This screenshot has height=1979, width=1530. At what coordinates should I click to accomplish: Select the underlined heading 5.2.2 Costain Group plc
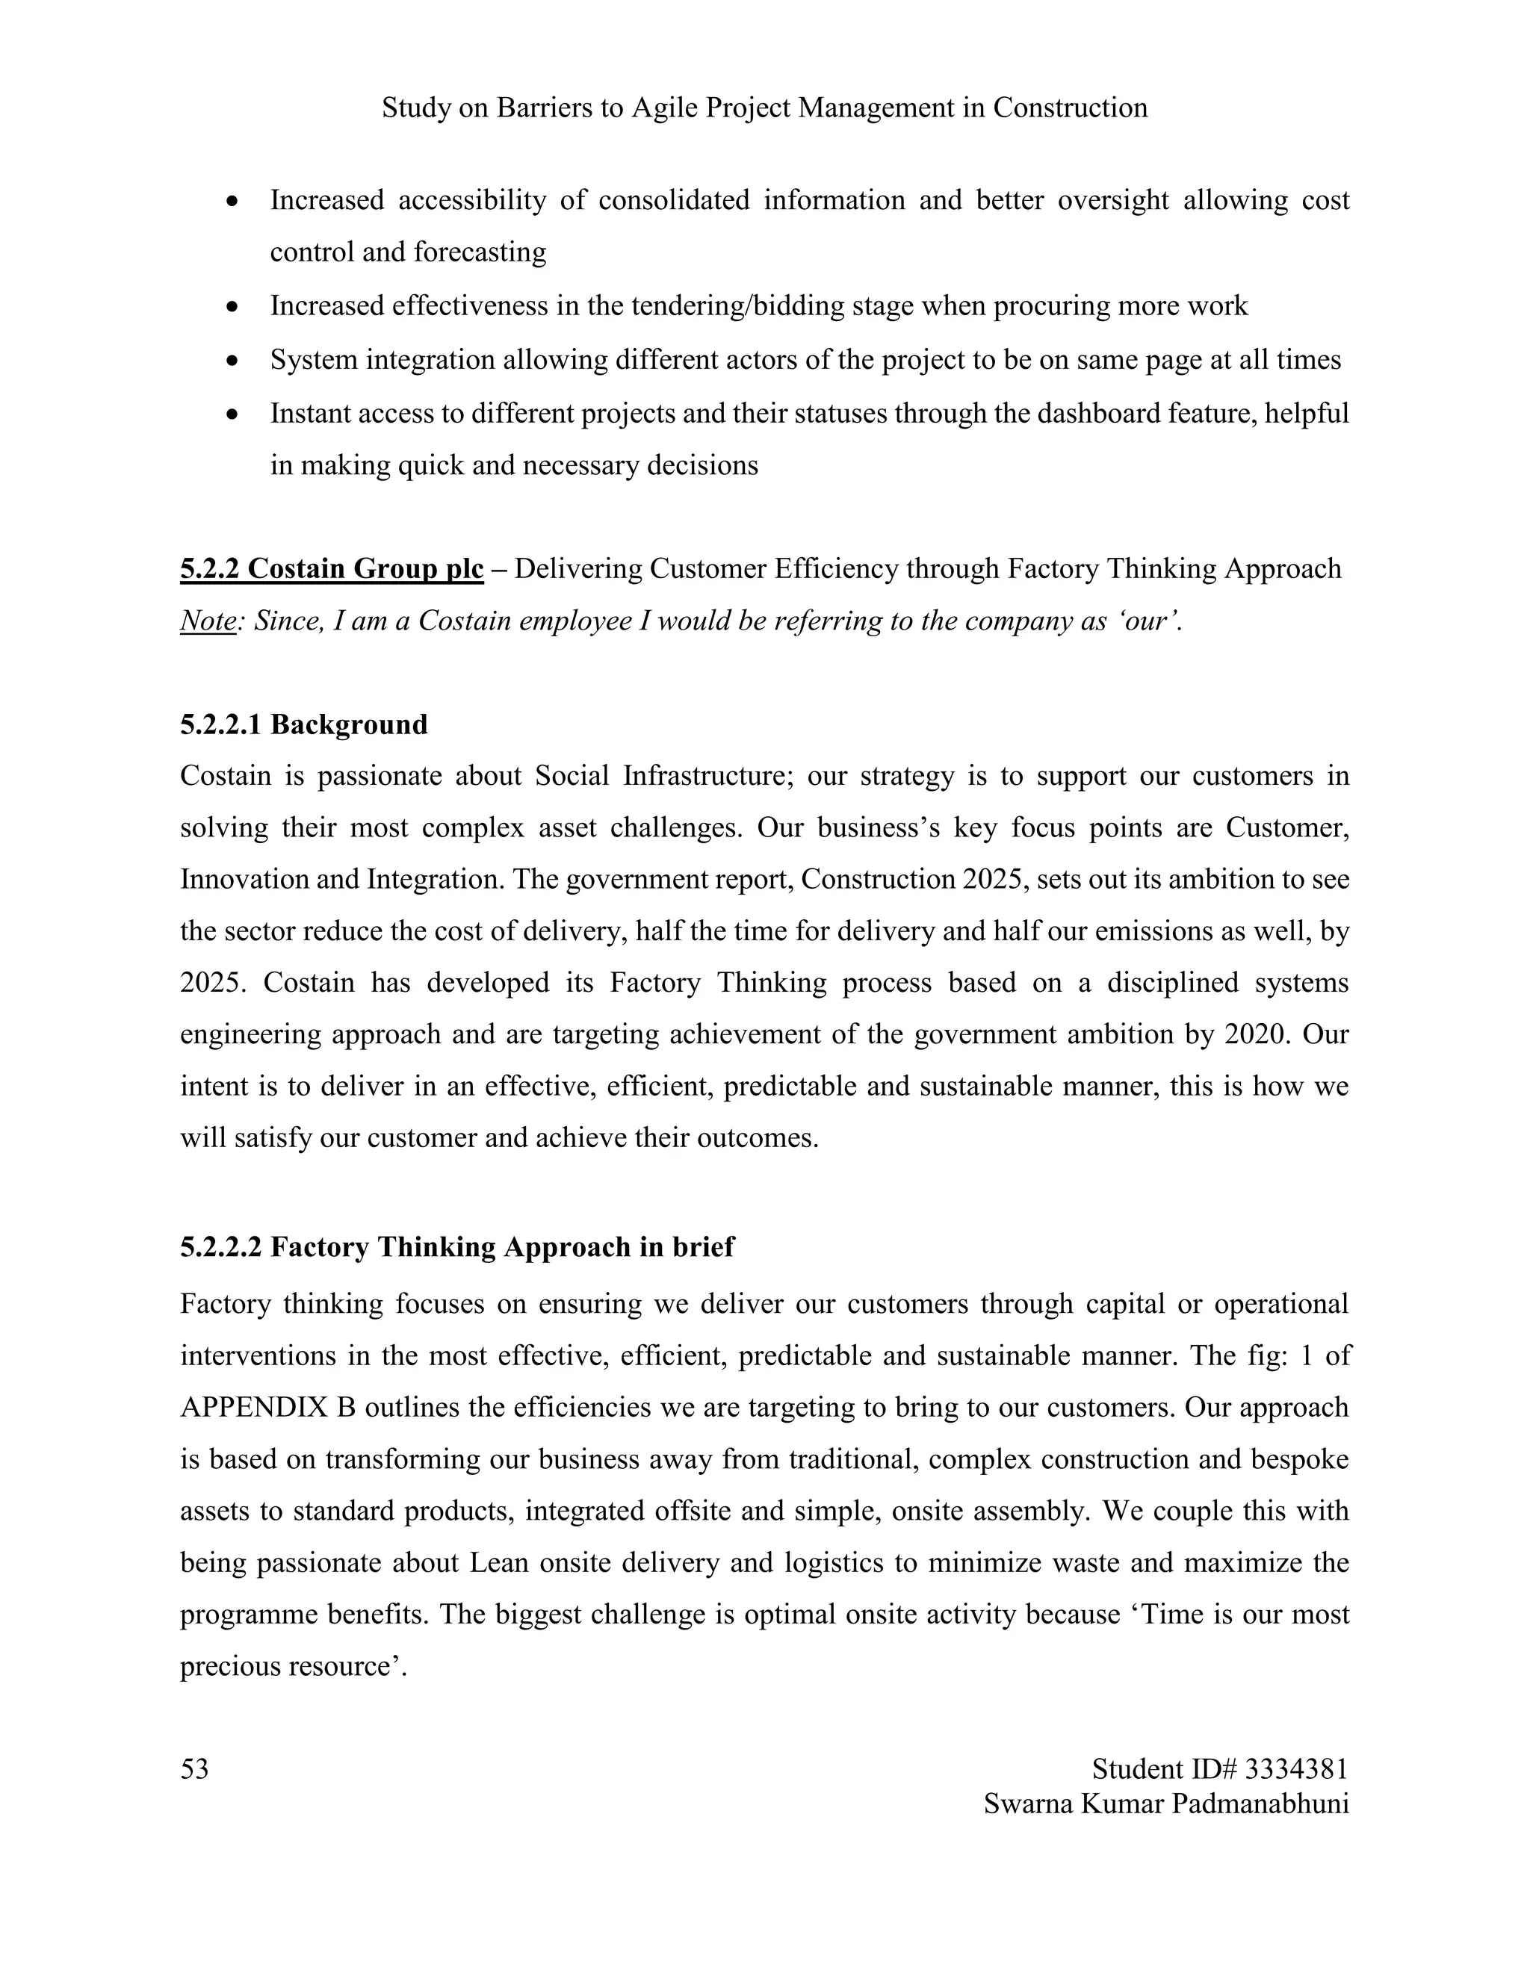tap(332, 569)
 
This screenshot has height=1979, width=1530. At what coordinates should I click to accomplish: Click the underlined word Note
tap(208, 621)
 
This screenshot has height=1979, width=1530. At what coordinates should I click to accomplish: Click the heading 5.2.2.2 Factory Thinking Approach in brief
tap(456, 1247)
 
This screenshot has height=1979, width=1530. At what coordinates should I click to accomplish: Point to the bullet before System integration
tap(233, 361)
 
